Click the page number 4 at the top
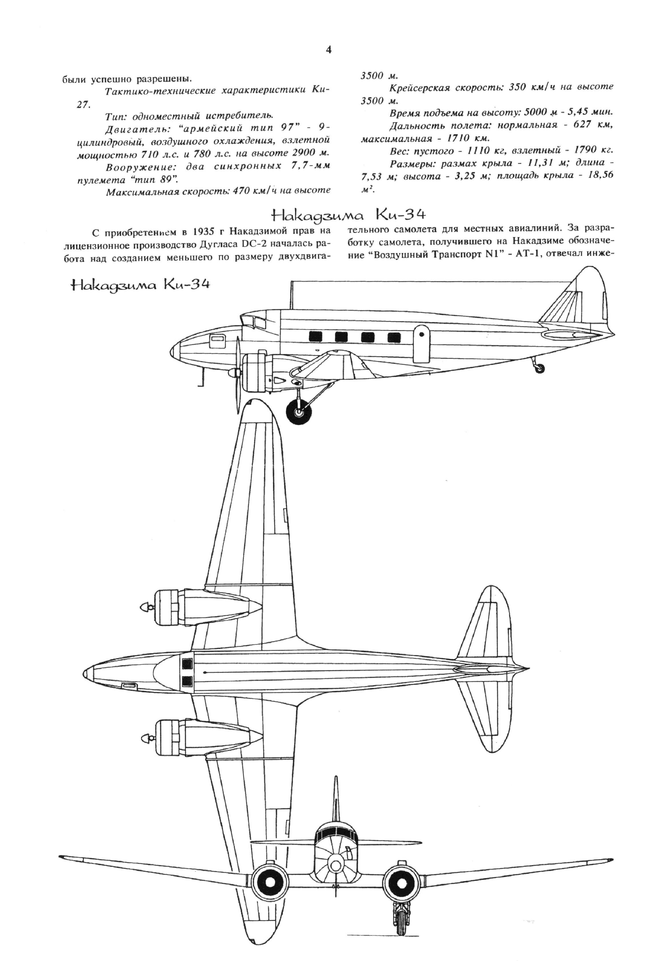pyautogui.click(x=329, y=51)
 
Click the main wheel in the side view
pyautogui.click(x=300, y=411)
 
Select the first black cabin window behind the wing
pyautogui.click(x=315, y=337)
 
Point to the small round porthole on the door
pyautogui.click(x=422, y=333)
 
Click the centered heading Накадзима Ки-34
pyautogui.click(x=348, y=215)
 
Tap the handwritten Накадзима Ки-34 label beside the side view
pyautogui.click(x=141, y=285)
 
